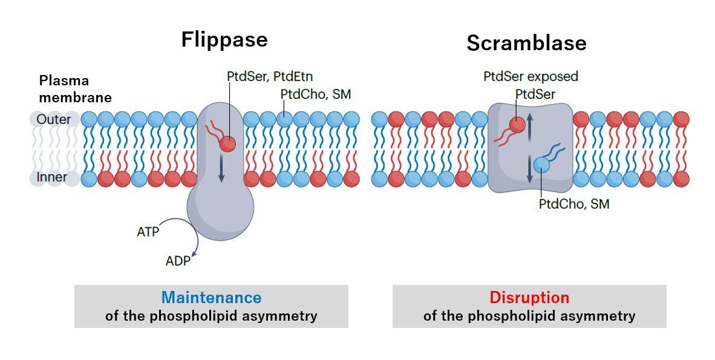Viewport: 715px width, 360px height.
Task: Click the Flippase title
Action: (x=224, y=39)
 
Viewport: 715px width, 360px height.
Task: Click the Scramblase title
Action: (x=526, y=43)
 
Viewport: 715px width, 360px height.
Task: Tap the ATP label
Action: (x=148, y=232)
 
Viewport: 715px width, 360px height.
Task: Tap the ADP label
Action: (x=178, y=261)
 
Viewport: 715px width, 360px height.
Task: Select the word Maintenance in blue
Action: (x=211, y=298)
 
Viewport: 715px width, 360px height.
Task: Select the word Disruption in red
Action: (x=529, y=298)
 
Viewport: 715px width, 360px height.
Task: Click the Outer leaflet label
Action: (x=53, y=119)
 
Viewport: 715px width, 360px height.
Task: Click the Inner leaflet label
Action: (x=52, y=177)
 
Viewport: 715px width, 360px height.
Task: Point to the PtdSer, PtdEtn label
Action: (x=270, y=76)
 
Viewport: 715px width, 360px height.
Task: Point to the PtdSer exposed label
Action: (x=531, y=76)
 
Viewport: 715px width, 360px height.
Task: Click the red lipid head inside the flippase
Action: (x=227, y=144)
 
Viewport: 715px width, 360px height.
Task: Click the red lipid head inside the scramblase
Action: (x=517, y=125)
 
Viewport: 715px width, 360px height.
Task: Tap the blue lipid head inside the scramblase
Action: (x=542, y=165)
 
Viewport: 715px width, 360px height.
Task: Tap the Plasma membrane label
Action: (x=75, y=88)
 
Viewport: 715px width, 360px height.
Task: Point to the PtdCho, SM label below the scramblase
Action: (x=573, y=205)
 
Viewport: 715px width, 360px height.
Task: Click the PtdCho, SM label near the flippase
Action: (x=315, y=94)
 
